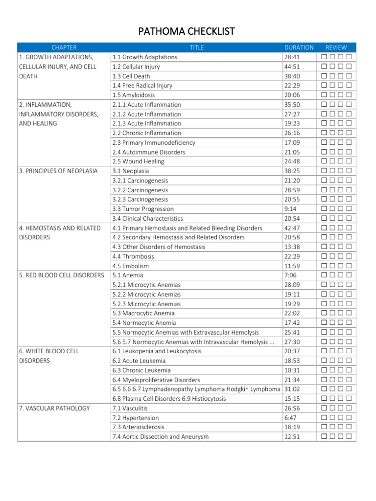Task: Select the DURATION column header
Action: click(299, 47)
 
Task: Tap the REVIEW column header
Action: click(336, 47)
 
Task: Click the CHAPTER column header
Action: click(64, 47)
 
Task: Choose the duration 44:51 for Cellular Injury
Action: click(292, 67)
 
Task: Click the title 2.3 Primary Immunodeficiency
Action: click(154, 142)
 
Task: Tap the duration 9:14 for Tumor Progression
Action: click(290, 209)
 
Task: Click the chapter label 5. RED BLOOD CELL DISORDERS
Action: click(61, 275)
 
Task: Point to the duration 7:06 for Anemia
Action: click(290, 275)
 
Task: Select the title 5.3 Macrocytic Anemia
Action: click(143, 313)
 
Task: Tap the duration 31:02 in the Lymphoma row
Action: click(292, 389)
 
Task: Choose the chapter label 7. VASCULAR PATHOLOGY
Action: click(54, 408)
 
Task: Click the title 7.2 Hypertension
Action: click(136, 418)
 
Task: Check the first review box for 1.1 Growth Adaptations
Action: click(325, 57)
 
